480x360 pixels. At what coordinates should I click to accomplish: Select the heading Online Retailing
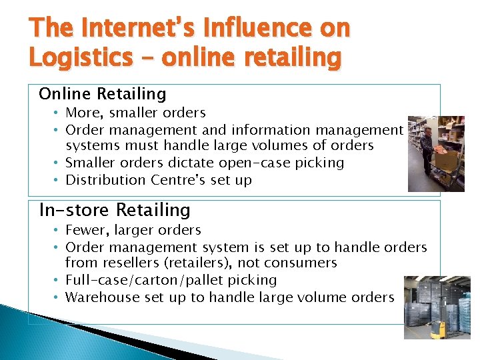[103, 94]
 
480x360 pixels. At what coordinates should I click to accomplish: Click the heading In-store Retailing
[115, 210]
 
